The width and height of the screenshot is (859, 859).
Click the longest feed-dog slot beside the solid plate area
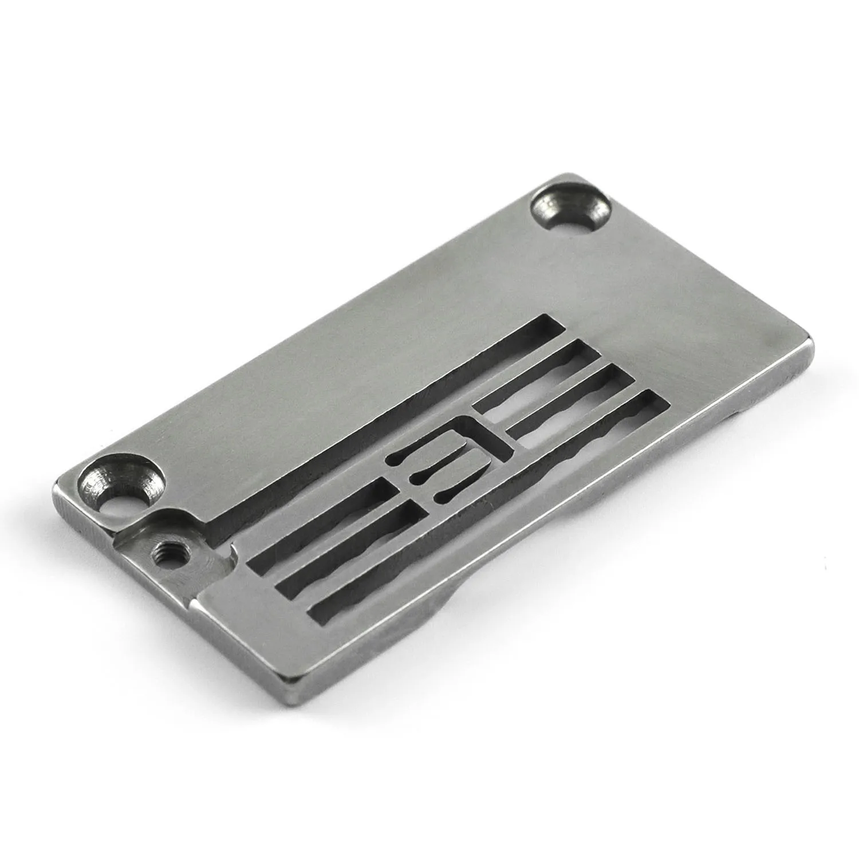coord(372,418)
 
